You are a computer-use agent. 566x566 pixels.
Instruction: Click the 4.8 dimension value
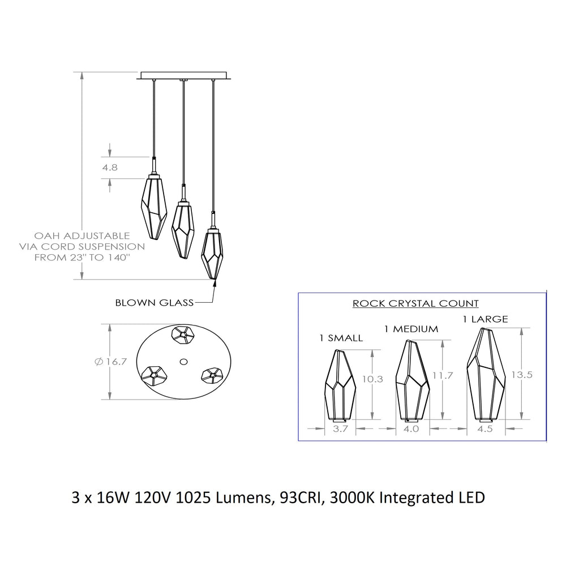click(x=110, y=168)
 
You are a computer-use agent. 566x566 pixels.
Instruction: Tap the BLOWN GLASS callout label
click(x=155, y=302)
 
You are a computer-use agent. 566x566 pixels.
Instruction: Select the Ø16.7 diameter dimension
click(x=111, y=361)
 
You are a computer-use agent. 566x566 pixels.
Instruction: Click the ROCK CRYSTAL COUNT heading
click(x=415, y=303)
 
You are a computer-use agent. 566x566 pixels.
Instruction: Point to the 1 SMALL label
click(x=341, y=338)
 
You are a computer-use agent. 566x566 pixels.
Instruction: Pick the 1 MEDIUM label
click(x=411, y=329)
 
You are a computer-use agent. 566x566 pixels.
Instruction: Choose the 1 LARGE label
click(x=485, y=319)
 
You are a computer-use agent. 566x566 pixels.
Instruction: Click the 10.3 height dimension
click(x=372, y=379)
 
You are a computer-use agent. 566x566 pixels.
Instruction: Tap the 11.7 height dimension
click(x=443, y=376)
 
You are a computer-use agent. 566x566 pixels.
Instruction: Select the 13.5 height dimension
click(x=522, y=375)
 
